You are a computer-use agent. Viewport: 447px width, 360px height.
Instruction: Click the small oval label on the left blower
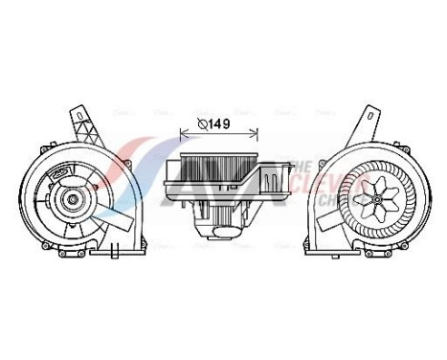pyautogui.click(x=65, y=174)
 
